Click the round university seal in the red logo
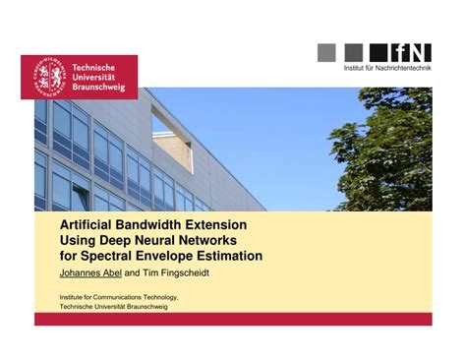click(x=46, y=77)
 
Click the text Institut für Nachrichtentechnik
click(x=386, y=68)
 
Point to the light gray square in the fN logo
click(x=328, y=52)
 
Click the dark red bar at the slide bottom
click(x=233, y=319)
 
